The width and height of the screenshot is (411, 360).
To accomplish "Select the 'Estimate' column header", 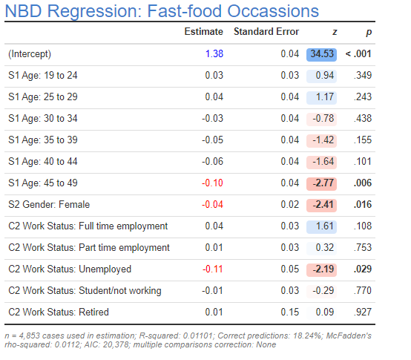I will coord(203,32).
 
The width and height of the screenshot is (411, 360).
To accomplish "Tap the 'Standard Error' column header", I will coord(266,32).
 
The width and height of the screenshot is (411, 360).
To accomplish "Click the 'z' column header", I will coord(334,32).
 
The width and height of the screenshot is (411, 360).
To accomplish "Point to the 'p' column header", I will coord(368,32).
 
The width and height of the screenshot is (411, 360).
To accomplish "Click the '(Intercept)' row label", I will coord(30,54).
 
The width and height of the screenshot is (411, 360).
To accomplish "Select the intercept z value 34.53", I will coord(322,54).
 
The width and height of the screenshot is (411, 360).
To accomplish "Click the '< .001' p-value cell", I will coord(358,54).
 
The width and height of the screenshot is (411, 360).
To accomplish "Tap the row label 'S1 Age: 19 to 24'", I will coord(44,76).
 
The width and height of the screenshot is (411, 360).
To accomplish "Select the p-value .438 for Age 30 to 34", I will coord(363,119).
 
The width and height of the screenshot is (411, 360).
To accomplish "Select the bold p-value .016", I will coord(362,205).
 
